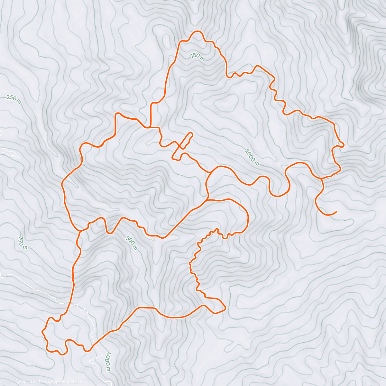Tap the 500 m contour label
(x=132, y=243)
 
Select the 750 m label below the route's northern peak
(x=197, y=57)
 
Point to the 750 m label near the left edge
(x=22, y=243)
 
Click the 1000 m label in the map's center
(x=252, y=157)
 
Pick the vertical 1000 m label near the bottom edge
(x=108, y=362)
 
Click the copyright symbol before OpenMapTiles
(x=18, y=382)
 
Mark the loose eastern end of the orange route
(x=336, y=212)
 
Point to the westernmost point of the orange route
(x=43, y=331)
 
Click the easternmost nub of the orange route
(x=343, y=145)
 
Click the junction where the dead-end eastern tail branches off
(x=321, y=178)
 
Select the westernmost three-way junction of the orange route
(x=80, y=231)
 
